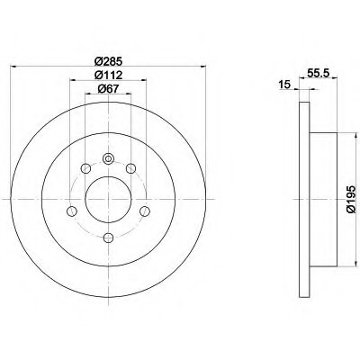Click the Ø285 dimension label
click(x=108, y=62)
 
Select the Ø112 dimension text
click(x=108, y=75)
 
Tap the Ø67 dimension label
click(x=108, y=89)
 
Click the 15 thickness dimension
click(x=284, y=85)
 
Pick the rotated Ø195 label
click(x=351, y=199)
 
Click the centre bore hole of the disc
click(x=108, y=199)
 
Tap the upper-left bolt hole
click(x=85, y=168)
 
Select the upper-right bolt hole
click(x=130, y=168)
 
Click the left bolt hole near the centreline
click(x=71, y=211)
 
